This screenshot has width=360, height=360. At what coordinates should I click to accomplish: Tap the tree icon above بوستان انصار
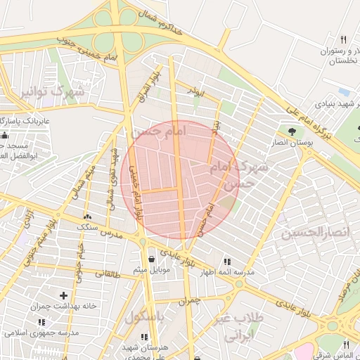291,131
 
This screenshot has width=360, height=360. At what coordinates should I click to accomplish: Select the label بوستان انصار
291,143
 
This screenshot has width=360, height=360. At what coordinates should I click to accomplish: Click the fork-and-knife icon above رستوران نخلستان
343,39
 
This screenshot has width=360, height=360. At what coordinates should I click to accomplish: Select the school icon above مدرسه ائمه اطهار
226,262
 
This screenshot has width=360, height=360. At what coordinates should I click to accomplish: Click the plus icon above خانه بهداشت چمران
65,296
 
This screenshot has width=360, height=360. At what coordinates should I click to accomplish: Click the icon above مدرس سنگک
87,219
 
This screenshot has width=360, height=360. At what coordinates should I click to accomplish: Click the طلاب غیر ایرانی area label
241,326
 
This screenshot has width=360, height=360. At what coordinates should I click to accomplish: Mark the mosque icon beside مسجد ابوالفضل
6,134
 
